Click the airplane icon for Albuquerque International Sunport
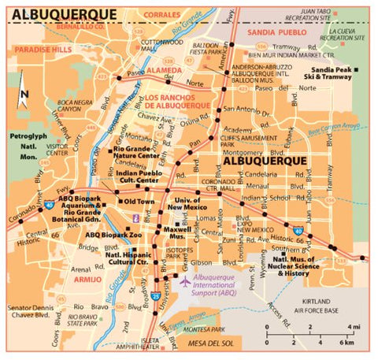coord(185,281)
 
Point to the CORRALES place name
coord(162,14)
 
